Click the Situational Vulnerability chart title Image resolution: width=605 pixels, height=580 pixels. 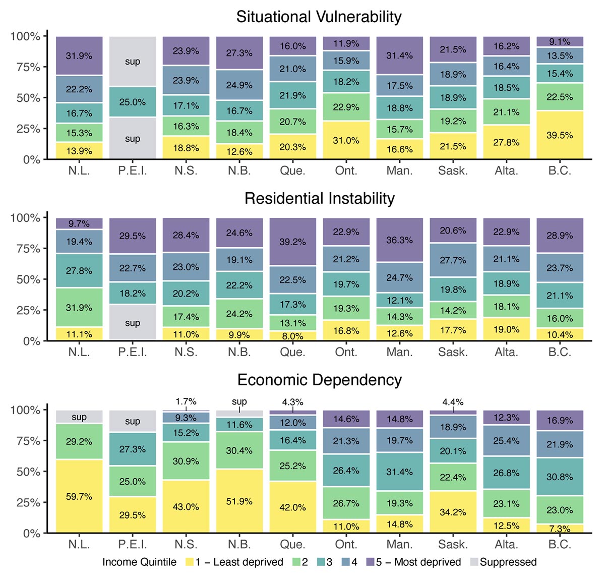pos(319,17)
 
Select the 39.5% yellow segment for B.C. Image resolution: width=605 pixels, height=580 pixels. pos(560,135)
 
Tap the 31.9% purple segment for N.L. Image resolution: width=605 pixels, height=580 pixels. pos(79,55)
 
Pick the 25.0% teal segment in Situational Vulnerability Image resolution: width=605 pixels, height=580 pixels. pos(133,102)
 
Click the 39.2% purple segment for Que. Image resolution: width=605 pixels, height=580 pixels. pos(292,242)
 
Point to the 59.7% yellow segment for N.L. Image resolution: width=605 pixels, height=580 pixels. pos(79,496)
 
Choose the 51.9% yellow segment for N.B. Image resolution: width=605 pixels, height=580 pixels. pos(239,501)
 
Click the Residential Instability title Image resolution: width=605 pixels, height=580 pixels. pos(319,198)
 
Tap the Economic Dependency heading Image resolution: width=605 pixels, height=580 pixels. pos(319,380)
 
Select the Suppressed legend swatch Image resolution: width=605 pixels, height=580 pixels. pos(473,562)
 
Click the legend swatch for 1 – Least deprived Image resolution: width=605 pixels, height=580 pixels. pos(190,562)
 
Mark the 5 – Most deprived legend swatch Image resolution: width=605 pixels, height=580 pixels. pos(370,562)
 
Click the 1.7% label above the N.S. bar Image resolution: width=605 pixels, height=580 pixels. pos(186,402)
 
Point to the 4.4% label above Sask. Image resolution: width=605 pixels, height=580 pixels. pos(453,402)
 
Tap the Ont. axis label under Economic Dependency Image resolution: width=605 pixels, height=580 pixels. pos(346,544)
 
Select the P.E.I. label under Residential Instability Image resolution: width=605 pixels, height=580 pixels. pos(133,352)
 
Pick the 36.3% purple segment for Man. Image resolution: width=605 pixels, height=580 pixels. pos(399,240)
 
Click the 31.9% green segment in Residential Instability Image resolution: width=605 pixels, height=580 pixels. pos(79,307)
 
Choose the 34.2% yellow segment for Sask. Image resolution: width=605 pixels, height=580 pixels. pos(453,512)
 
